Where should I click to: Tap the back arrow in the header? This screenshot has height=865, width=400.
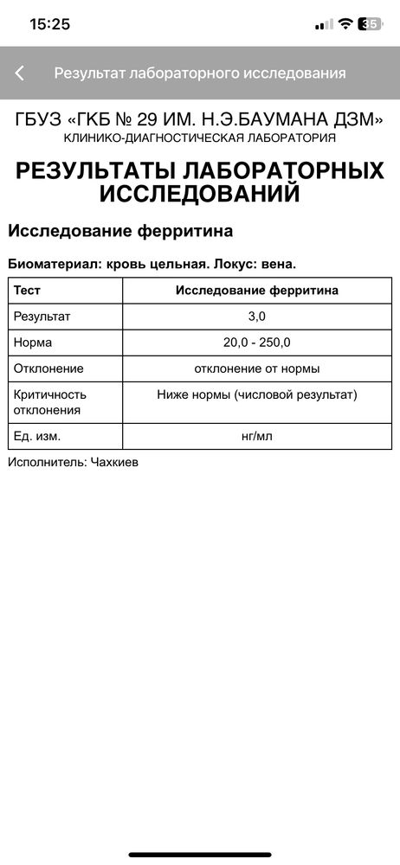pyautogui.click(x=20, y=74)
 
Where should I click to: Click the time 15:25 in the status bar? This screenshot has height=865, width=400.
pyautogui.click(x=49, y=24)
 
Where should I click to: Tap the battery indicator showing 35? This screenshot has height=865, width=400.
pyautogui.click(x=371, y=24)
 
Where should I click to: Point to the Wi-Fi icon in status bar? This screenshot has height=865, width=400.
pyautogui.click(x=345, y=24)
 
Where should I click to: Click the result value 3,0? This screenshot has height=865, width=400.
pyautogui.click(x=257, y=317)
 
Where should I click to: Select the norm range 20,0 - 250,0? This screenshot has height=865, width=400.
pyautogui.click(x=257, y=343)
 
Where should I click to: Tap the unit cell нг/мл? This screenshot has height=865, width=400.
pyautogui.click(x=257, y=436)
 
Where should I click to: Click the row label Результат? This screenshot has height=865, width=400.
pyautogui.click(x=42, y=317)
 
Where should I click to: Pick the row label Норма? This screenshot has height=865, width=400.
pyautogui.click(x=33, y=343)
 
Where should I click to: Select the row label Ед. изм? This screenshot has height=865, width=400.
pyautogui.click(x=37, y=436)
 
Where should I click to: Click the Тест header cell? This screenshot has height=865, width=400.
pyautogui.click(x=27, y=291)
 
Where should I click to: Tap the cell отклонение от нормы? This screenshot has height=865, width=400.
pyautogui.click(x=257, y=368)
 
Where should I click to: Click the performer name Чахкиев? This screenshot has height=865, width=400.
pyautogui.click(x=113, y=463)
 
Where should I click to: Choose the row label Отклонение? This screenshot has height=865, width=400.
pyautogui.click(x=48, y=368)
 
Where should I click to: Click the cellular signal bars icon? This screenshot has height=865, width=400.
pyautogui.click(x=324, y=24)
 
